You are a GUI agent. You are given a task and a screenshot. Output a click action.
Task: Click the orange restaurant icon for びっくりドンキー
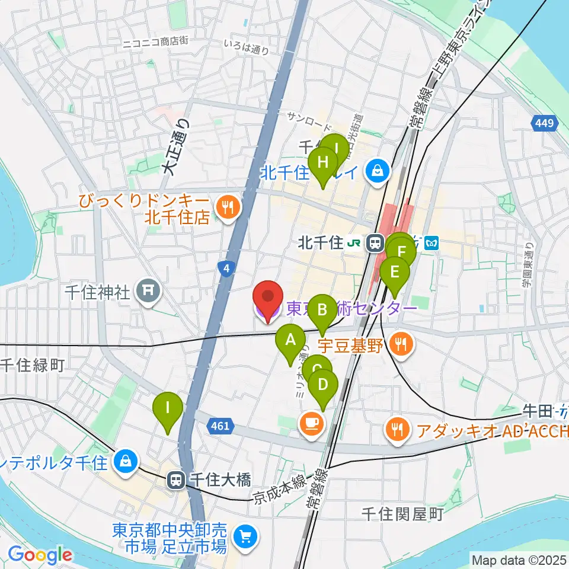[x=226, y=207]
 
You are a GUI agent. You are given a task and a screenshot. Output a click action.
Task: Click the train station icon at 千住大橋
[x=176, y=480]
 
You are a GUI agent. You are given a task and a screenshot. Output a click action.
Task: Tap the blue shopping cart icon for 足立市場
[x=244, y=537]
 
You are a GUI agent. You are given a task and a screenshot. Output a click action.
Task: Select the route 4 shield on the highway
[x=226, y=269]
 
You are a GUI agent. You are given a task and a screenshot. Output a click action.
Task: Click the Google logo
[x=40, y=555]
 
